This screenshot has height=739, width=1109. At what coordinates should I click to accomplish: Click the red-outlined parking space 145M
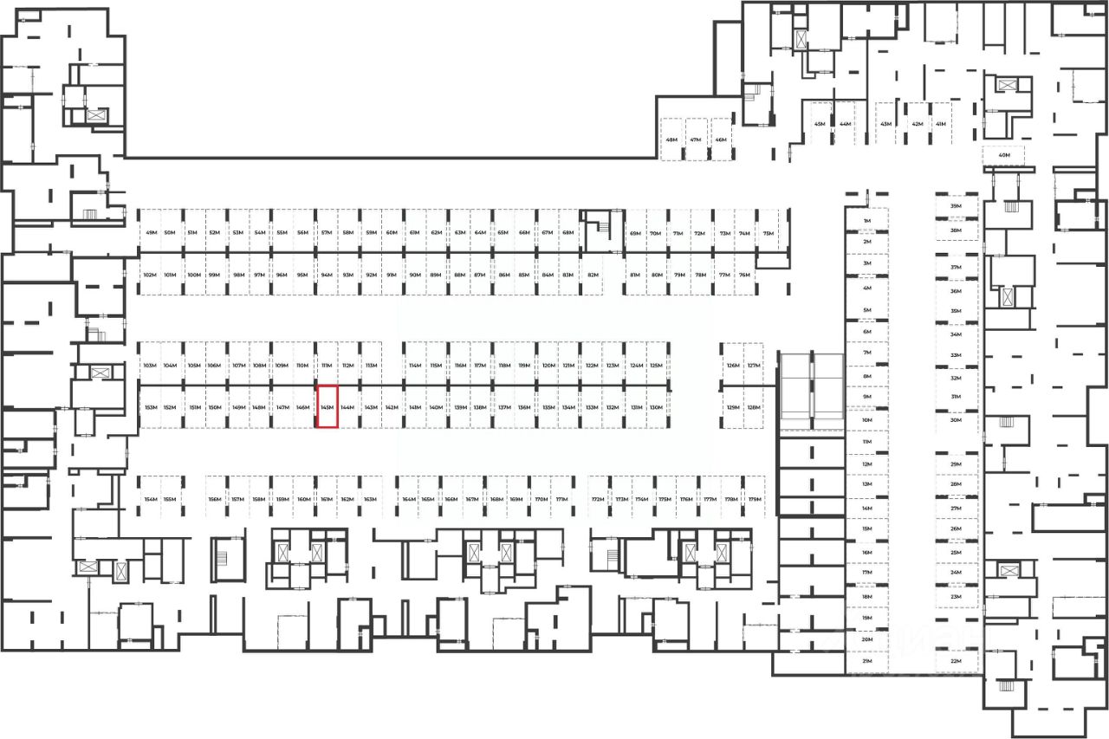pyautogui.click(x=327, y=407)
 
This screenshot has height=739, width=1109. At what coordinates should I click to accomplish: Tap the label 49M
pyautogui.click(x=152, y=233)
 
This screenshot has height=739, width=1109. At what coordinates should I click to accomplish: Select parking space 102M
pyautogui.click(x=149, y=275)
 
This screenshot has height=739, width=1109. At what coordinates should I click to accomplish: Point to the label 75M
pyautogui.click(x=768, y=233)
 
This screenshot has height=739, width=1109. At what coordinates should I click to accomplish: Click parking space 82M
pyautogui.click(x=593, y=275)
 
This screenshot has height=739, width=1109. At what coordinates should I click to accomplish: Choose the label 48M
pyautogui.click(x=671, y=139)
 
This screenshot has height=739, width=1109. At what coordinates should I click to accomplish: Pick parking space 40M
pyautogui.click(x=1004, y=156)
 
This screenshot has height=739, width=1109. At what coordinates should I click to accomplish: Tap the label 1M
pyautogui.click(x=866, y=222)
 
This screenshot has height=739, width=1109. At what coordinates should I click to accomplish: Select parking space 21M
pyautogui.click(x=866, y=661)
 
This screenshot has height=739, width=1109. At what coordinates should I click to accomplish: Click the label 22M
pyautogui.click(x=957, y=661)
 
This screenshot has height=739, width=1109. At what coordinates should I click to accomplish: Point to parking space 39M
pyautogui.click(x=957, y=206)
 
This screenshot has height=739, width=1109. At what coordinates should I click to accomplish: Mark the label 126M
pyautogui.click(x=733, y=366)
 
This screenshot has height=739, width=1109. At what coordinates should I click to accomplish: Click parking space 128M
pyautogui.click(x=754, y=407)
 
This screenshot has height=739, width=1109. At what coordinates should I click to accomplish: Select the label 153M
pyautogui.click(x=150, y=407)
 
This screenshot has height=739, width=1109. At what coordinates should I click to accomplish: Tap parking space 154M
pyautogui.click(x=151, y=500)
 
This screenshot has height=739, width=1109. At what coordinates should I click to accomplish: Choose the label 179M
pyautogui.click(x=755, y=500)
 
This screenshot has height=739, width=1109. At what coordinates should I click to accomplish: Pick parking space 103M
pyautogui.click(x=150, y=366)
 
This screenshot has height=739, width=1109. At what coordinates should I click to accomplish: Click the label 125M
pyautogui.click(x=657, y=366)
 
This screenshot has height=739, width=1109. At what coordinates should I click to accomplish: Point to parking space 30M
pyautogui.click(x=957, y=420)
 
